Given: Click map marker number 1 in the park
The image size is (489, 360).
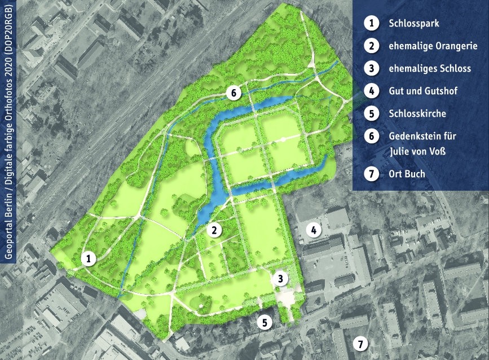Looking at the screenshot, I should (89, 258).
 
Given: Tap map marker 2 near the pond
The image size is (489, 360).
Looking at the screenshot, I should (214, 230).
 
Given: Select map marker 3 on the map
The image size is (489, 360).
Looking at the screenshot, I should (280, 277).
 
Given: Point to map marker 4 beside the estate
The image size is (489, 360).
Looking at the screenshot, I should (314, 230).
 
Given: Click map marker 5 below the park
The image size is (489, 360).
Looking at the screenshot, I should (265, 322).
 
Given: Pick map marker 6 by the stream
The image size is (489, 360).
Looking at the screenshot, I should (234, 93).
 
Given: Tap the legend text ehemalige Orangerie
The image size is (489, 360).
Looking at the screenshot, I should (433, 46).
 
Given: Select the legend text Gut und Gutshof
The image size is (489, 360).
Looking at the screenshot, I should (422, 91).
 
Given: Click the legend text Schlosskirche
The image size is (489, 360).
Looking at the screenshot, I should (417, 113).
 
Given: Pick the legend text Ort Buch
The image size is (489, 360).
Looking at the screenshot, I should (407, 173).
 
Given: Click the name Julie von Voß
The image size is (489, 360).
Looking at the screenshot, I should (418, 151).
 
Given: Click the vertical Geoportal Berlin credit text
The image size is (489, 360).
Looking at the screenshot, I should (8, 130).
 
